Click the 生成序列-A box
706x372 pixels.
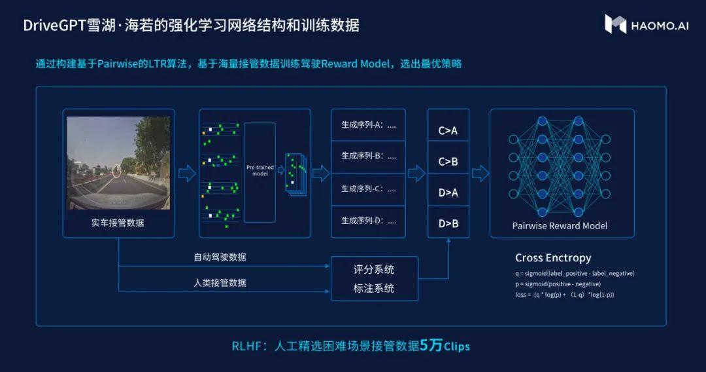368,125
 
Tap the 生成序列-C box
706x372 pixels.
368,189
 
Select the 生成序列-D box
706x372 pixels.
368,221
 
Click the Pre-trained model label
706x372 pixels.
260,170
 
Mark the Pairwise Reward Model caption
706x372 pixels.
560,226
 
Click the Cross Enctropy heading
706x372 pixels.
553,258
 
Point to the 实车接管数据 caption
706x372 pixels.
118,223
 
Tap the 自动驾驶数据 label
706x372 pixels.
220,257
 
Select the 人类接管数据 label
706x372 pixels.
220,283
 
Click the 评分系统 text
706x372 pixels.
374,270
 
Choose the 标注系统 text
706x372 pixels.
374,289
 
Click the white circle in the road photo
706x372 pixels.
117,171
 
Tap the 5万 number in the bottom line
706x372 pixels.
431,345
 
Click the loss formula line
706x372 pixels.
565,295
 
